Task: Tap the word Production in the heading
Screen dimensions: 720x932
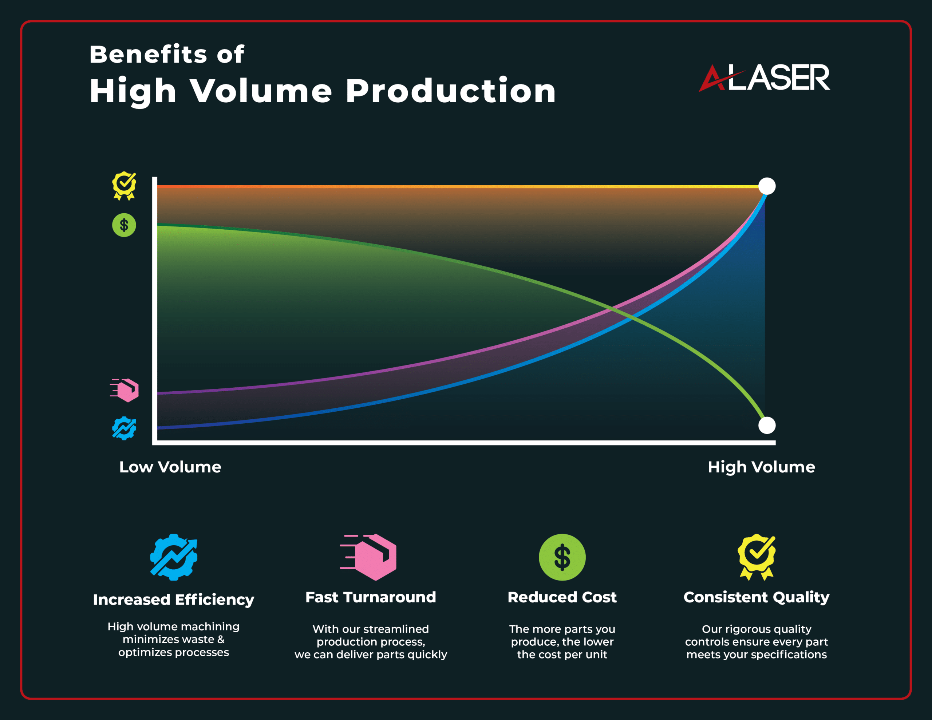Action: tap(450, 91)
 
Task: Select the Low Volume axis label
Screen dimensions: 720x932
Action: tap(170, 467)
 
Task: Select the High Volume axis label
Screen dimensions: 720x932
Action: tap(761, 467)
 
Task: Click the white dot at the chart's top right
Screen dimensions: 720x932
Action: tap(766, 186)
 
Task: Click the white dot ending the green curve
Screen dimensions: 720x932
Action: tap(766, 425)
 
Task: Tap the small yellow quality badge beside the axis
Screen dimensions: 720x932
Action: tap(124, 186)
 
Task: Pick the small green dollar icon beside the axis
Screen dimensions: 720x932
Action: tap(124, 225)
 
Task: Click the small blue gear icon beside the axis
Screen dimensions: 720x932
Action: tap(124, 428)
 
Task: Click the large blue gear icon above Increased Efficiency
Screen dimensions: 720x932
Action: tap(174, 557)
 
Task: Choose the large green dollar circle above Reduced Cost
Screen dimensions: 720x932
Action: tap(562, 557)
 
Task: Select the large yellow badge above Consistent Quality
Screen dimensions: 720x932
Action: tap(757, 557)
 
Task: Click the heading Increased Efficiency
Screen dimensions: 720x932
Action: tap(173, 600)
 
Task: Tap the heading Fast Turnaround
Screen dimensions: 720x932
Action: tap(370, 597)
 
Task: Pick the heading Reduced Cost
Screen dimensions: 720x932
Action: tap(562, 597)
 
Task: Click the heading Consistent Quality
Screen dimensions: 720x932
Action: tap(756, 597)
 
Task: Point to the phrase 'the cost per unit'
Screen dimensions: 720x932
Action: tap(562, 655)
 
